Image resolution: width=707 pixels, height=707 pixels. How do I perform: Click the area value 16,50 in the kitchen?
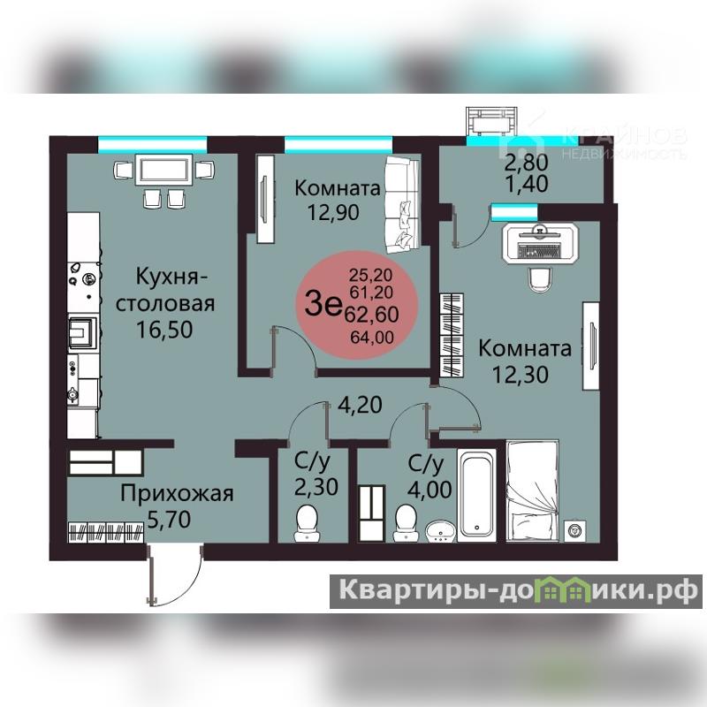click(164, 330)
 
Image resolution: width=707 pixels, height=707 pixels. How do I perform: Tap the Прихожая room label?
click(177, 494)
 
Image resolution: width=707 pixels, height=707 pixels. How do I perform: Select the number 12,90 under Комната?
click(334, 212)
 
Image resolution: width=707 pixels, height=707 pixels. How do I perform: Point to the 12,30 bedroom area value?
click(521, 374)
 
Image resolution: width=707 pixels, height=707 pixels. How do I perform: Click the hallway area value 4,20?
click(361, 405)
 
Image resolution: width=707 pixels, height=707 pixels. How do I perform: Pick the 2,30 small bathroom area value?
click(316, 487)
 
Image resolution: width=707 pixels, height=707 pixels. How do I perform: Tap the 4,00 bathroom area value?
click(430, 490)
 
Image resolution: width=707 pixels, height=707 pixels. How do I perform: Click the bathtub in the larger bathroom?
click(476, 495)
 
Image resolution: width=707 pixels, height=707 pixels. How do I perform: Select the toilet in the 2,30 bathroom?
click(307, 523)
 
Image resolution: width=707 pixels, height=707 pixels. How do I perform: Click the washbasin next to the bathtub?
click(441, 531)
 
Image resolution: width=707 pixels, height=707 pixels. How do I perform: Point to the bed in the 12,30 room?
click(533, 491)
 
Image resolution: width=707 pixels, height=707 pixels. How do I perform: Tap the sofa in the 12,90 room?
click(403, 205)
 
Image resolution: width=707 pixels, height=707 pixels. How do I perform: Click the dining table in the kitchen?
click(164, 170)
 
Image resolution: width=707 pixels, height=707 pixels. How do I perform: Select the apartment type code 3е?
click(323, 304)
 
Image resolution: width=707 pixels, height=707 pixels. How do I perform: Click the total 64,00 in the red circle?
click(372, 338)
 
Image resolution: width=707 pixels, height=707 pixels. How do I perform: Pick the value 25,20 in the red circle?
click(370, 275)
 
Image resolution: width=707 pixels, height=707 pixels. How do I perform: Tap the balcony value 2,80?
click(526, 163)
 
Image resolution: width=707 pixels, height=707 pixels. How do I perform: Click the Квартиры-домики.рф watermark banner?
click(516, 591)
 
